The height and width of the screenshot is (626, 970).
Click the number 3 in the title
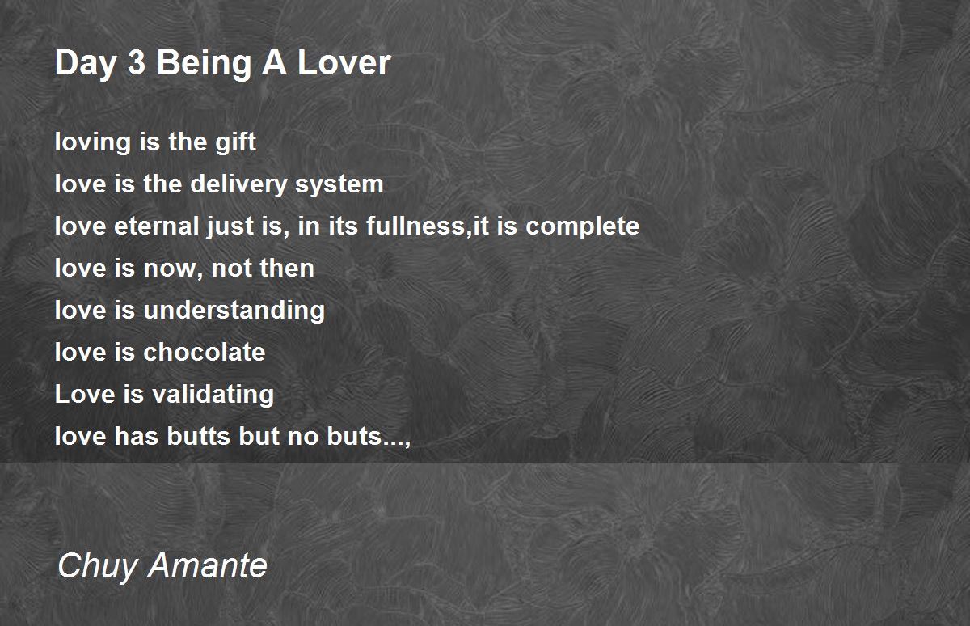[137, 63]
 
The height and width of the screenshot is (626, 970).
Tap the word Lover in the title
[344, 63]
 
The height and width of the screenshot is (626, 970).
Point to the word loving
[93, 142]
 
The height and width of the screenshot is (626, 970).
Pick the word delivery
[238, 184]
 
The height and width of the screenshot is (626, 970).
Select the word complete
[582, 226]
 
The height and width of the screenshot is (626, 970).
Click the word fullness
[415, 226]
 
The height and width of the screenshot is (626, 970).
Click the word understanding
[234, 311]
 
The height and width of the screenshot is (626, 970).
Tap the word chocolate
[204, 352]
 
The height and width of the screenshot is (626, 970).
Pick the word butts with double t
[199, 436]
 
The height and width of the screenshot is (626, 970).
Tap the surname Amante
[208, 565]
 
